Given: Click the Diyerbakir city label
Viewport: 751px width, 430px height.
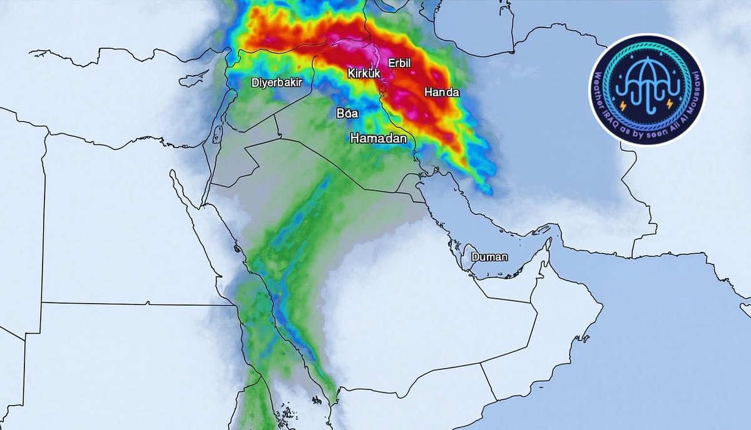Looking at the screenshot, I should (277, 82).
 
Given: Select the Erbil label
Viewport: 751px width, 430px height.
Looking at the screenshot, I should (399, 62).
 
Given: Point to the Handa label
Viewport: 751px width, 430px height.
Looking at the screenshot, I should (442, 92).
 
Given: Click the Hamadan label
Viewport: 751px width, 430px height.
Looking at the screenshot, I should (379, 138).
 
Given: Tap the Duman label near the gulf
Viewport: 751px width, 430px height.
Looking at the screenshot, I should (489, 257).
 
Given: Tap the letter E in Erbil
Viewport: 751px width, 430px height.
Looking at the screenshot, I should (391, 62).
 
